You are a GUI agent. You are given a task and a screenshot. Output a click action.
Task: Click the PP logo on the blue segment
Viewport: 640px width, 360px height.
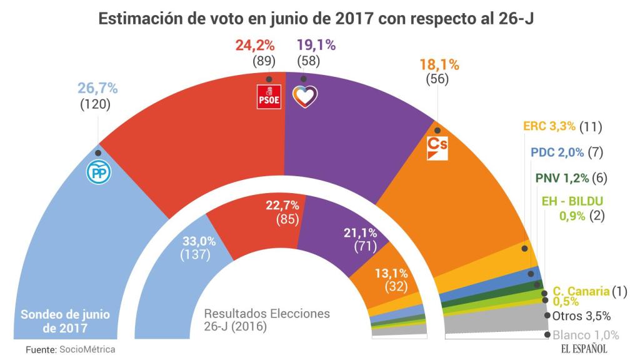97,173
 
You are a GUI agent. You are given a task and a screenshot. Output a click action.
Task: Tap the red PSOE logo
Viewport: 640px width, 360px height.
269,97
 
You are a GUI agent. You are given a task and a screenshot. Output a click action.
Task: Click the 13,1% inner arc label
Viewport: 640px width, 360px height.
392,273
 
